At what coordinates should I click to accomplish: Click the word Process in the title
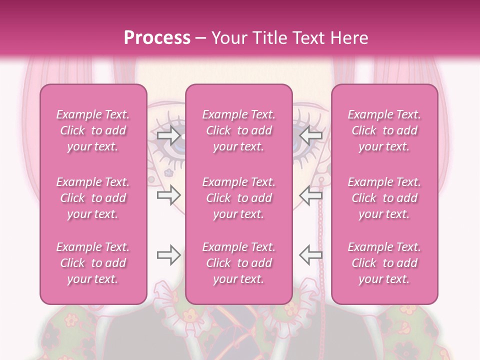[157, 38]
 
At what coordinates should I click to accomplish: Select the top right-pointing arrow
[168, 135]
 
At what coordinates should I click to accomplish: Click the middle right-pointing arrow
[168, 195]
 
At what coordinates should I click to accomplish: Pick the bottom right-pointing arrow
[168, 255]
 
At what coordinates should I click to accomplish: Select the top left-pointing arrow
[311, 135]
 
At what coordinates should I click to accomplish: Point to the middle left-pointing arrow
[311, 195]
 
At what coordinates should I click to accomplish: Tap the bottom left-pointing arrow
[311, 255]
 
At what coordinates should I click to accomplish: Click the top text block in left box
[93, 130]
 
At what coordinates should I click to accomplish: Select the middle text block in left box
[93, 198]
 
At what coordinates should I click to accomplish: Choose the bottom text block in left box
[93, 263]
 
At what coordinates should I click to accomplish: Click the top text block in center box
[239, 130]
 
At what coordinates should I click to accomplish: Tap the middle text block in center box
[239, 198]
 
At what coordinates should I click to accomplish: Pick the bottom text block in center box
[239, 263]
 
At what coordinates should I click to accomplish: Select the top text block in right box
[384, 130]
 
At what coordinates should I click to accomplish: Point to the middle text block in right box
[384, 198]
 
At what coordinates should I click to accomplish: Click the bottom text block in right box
[384, 263]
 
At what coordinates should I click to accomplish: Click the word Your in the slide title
[229, 38]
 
